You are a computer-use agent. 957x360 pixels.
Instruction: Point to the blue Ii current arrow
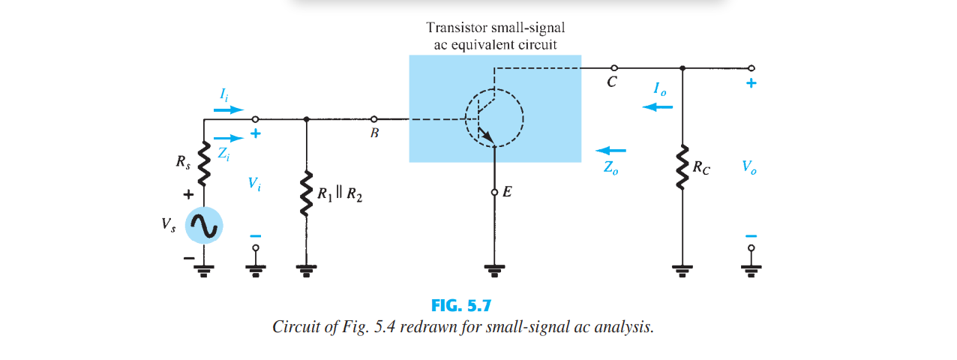tap(229, 109)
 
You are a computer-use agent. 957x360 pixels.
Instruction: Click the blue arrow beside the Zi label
tap(229, 138)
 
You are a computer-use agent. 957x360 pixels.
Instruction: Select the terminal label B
tap(374, 133)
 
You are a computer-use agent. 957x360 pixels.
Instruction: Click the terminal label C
tap(612, 82)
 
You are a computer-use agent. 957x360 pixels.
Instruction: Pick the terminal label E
tap(507, 192)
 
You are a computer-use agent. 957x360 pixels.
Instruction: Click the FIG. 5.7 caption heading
tap(461, 305)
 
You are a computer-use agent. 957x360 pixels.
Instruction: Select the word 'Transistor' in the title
tap(457, 28)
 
